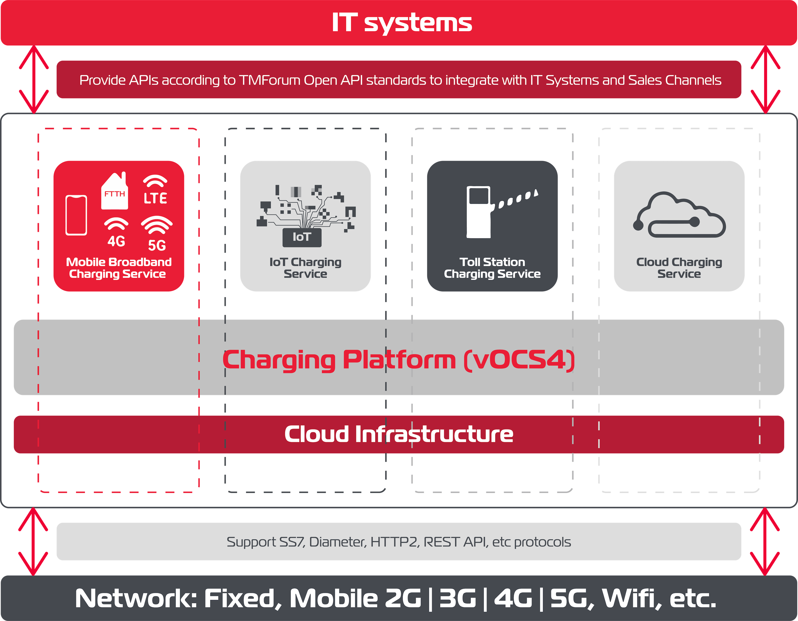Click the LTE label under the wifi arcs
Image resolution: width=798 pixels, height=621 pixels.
tap(155, 199)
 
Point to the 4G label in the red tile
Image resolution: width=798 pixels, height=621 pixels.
tap(116, 241)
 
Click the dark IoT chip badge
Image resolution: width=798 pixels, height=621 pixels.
tap(302, 237)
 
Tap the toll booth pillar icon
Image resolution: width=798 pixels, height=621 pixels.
tap(478, 212)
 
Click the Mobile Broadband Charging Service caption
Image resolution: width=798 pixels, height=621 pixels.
tap(118, 268)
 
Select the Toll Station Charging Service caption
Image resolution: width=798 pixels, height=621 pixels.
tap(492, 268)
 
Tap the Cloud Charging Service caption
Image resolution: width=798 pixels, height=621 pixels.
tap(679, 268)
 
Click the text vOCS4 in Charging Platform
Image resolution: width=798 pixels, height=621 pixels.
tap(519, 360)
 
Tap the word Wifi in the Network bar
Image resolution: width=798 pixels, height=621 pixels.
tap(631, 598)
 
